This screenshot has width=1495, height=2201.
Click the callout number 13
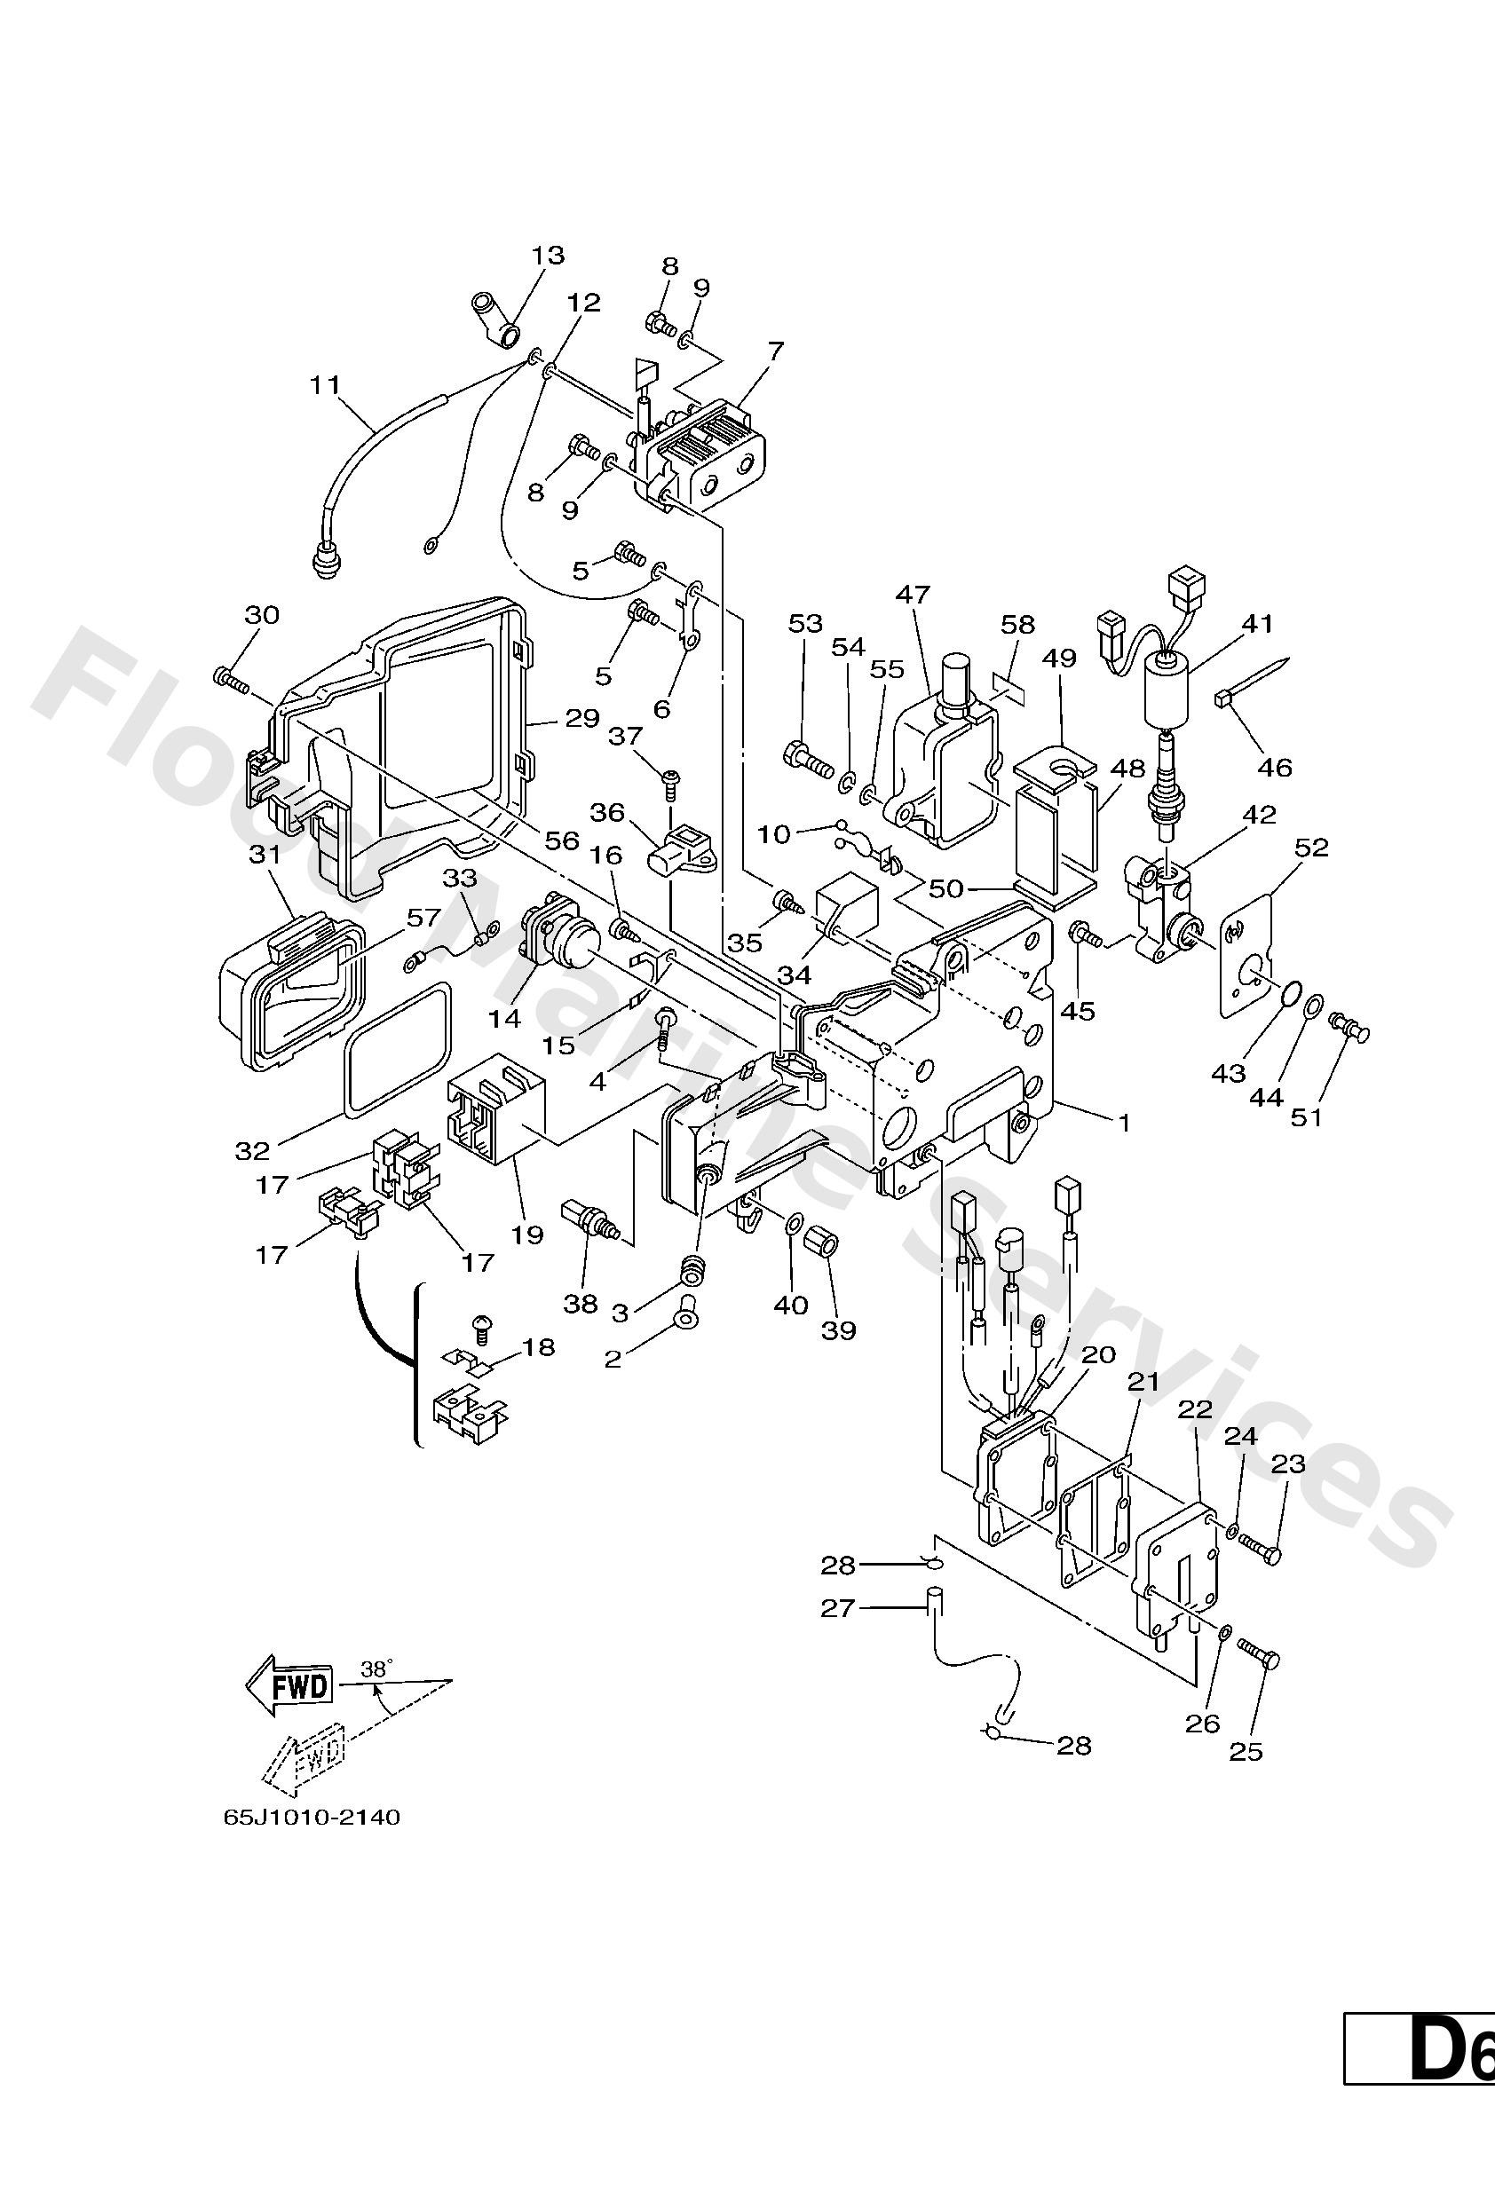(548, 255)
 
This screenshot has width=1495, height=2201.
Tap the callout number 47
(914, 595)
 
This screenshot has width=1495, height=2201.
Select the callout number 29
(581, 719)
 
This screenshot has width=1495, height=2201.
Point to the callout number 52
(1312, 848)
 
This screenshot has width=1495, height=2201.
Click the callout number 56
(562, 840)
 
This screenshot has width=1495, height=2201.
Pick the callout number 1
(1125, 1124)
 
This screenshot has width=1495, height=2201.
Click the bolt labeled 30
(232, 678)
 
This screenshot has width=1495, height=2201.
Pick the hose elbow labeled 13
(495, 320)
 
